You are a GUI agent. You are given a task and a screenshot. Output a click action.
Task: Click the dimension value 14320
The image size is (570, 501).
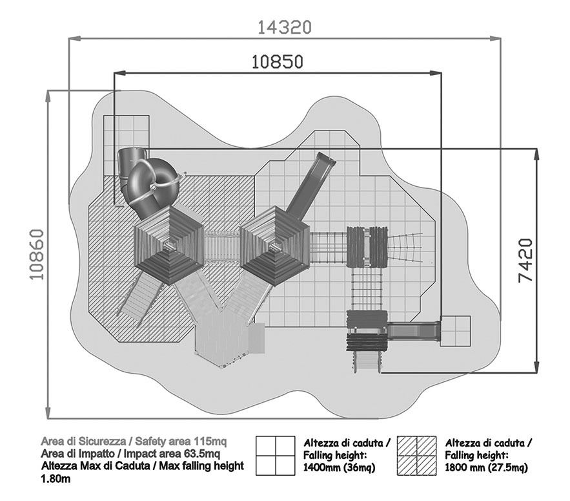pos(285,27)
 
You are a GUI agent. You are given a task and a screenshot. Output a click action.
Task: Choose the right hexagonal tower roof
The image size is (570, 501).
pos(276,245)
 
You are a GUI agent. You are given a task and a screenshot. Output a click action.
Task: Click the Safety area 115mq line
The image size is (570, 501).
pos(134,442)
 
